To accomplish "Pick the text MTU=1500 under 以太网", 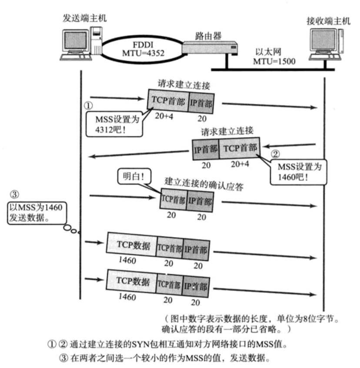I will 274,61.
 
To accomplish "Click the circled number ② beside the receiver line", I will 275,154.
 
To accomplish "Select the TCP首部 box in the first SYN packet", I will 168,101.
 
